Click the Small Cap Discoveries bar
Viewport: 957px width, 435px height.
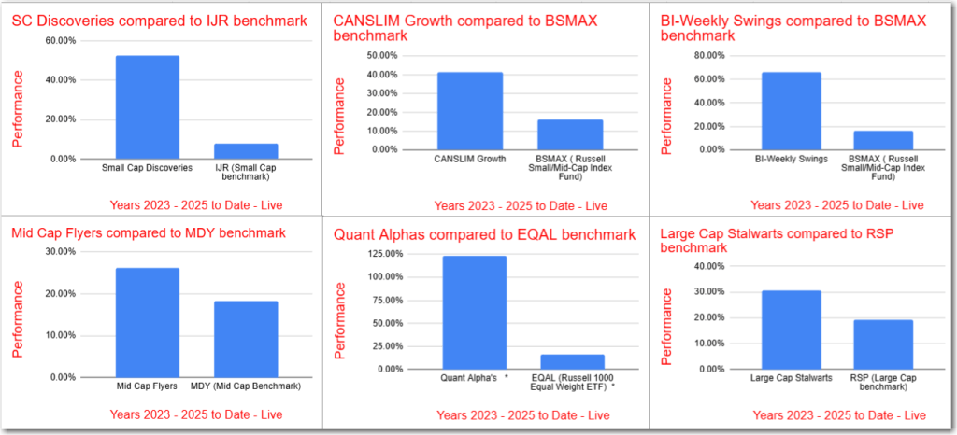point(147,106)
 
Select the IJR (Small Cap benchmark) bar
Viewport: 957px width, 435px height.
point(245,151)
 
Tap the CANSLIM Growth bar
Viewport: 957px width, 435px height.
point(469,110)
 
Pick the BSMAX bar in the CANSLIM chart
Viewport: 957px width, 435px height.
point(569,134)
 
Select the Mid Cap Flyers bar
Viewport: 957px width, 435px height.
point(147,322)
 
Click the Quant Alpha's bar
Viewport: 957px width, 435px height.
point(474,312)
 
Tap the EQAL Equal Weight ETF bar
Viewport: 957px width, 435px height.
point(572,361)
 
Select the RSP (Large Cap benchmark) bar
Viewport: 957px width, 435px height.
point(882,344)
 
